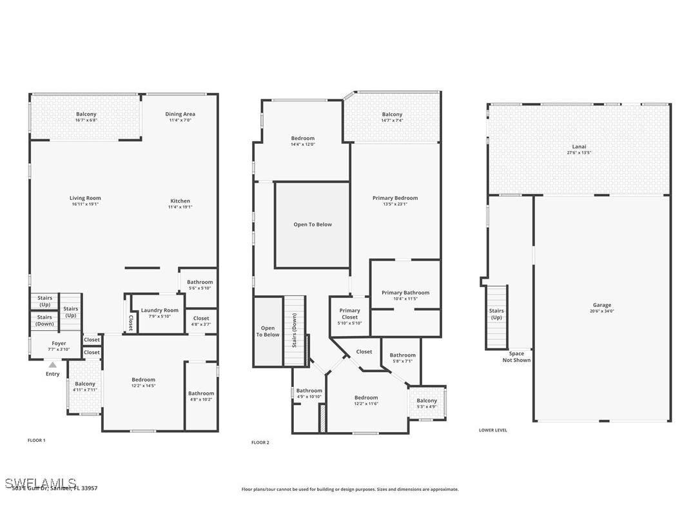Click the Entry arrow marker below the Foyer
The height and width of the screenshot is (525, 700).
(x=53, y=365)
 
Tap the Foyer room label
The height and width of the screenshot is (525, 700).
(x=59, y=344)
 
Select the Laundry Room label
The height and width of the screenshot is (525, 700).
(x=160, y=310)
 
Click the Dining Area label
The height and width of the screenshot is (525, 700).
(x=180, y=114)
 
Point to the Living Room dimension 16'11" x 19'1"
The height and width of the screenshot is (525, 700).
(x=85, y=204)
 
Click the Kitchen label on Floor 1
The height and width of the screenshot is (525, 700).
(x=180, y=201)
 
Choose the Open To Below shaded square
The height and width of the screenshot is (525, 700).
(x=313, y=224)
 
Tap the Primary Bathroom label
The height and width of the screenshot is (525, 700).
(x=405, y=292)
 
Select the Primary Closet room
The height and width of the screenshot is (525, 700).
(x=350, y=316)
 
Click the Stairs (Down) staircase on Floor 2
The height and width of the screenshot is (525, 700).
(x=294, y=330)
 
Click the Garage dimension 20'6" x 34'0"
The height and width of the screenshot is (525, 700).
(x=602, y=311)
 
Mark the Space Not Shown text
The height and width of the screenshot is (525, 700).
(x=516, y=357)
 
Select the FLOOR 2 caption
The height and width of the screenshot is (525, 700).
(x=260, y=442)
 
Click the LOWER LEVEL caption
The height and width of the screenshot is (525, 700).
(x=492, y=430)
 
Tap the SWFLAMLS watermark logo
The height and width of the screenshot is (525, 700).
(x=40, y=483)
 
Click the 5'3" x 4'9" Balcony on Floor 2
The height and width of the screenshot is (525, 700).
(x=426, y=403)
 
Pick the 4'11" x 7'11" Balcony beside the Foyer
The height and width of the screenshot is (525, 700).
(x=84, y=386)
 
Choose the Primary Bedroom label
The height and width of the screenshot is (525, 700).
(x=394, y=198)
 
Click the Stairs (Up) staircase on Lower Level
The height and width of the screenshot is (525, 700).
(x=496, y=316)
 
